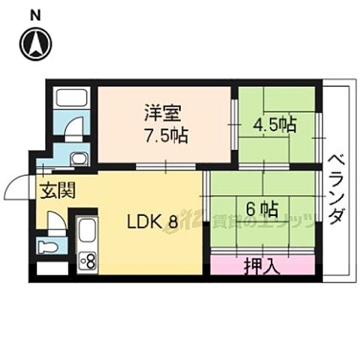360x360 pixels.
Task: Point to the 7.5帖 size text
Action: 165,136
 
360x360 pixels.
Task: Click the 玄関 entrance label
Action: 58,190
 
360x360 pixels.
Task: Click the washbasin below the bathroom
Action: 78,159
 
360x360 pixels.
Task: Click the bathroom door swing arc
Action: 71,130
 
